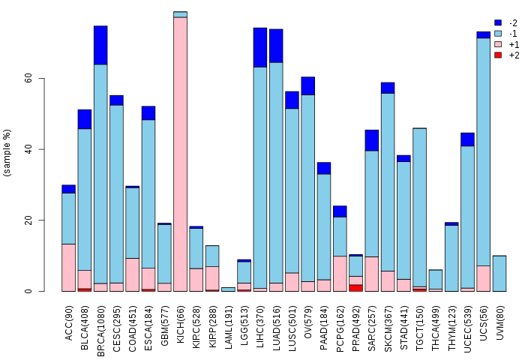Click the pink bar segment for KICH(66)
180,154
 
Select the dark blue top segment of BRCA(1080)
100,45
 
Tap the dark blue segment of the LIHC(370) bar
260,47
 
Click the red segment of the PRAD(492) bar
355,287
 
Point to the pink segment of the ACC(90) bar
68,267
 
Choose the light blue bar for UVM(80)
499,273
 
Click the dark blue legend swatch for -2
497,22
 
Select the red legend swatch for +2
497,55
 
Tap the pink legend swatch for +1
497,44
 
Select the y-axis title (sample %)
8,153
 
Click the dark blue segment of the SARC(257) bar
371,140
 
